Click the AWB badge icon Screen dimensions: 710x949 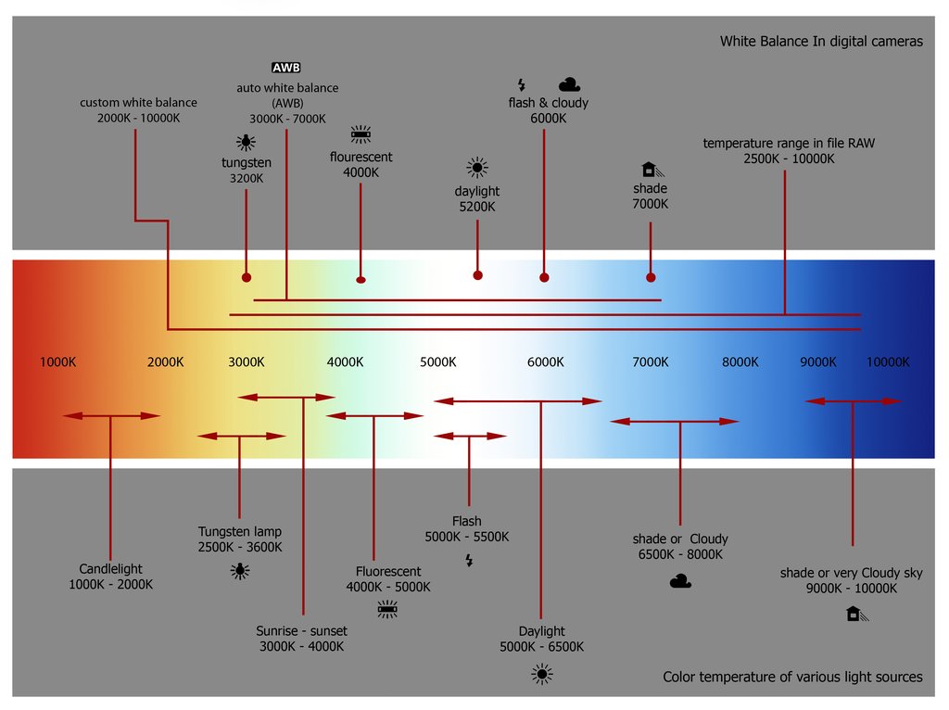[x=285, y=68]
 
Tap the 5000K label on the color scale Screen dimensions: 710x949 [x=437, y=362]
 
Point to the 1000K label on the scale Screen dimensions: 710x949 [x=57, y=362]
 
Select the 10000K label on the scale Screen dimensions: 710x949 [x=888, y=362]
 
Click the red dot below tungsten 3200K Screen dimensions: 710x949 [x=246, y=277]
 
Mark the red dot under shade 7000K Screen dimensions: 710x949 [x=651, y=277]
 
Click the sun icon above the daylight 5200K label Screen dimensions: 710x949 [x=477, y=168]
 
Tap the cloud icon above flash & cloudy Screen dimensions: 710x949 [x=570, y=84]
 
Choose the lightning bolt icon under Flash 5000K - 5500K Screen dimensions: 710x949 [x=468, y=560]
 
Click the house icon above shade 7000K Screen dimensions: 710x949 [x=650, y=169]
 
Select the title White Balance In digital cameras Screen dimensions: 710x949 [x=821, y=42]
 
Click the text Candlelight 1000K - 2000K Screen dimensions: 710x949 [x=110, y=577]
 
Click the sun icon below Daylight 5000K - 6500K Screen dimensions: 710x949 [x=542, y=675]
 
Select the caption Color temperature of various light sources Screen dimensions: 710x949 [x=792, y=677]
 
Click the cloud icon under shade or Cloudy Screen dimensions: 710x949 [x=680, y=581]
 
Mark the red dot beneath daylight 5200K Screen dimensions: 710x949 [x=477, y=275]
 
